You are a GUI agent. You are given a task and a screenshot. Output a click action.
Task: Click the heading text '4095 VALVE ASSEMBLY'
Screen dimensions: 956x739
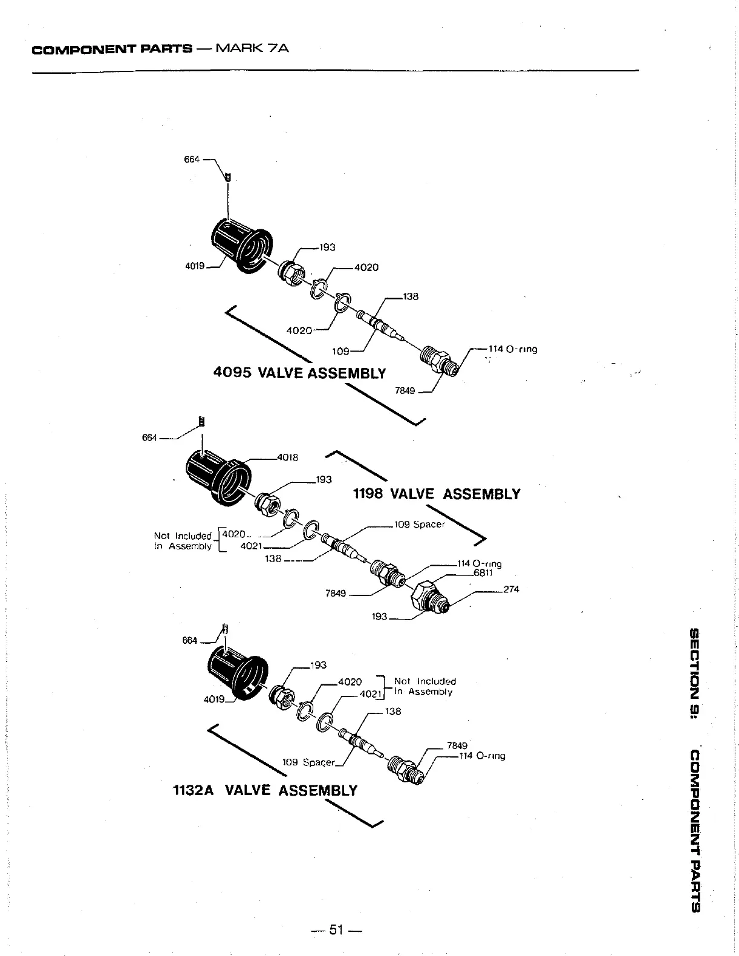pos(299,372)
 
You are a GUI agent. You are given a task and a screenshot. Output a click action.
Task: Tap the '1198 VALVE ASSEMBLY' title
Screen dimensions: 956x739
pos(436,494)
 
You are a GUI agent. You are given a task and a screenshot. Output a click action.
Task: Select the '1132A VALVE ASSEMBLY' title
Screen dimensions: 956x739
pos(265,790)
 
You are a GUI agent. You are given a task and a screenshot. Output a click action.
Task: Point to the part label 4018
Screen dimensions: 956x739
pos(287,457)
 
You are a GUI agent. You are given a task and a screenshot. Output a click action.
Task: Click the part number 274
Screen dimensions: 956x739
pos(511,589)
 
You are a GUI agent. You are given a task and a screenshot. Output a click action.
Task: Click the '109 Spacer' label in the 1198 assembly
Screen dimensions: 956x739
pos(419,524)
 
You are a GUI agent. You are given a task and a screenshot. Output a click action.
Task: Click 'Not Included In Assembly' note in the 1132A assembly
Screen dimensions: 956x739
pos(425,686)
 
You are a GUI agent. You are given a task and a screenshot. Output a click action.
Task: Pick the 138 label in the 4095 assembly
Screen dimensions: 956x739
pos(411,296)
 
